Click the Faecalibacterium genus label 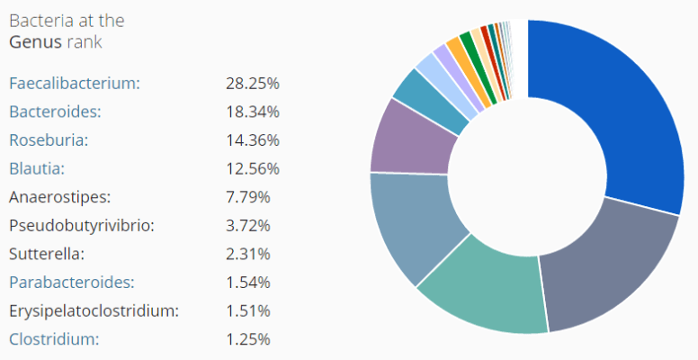coord(75,84)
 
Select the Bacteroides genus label coord(55,112)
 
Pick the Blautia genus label coord(37,168)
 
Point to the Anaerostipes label coord(59,196)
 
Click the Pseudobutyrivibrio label coord(82,225)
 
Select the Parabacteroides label coord(72,283)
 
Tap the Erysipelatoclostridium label coord(94,311)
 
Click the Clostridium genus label coord(54,339)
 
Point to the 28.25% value coord(253,84)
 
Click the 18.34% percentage coord(253,112)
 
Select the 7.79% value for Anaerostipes coord(248,196)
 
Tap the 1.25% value coord(248,339)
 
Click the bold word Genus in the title coord(33,41)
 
